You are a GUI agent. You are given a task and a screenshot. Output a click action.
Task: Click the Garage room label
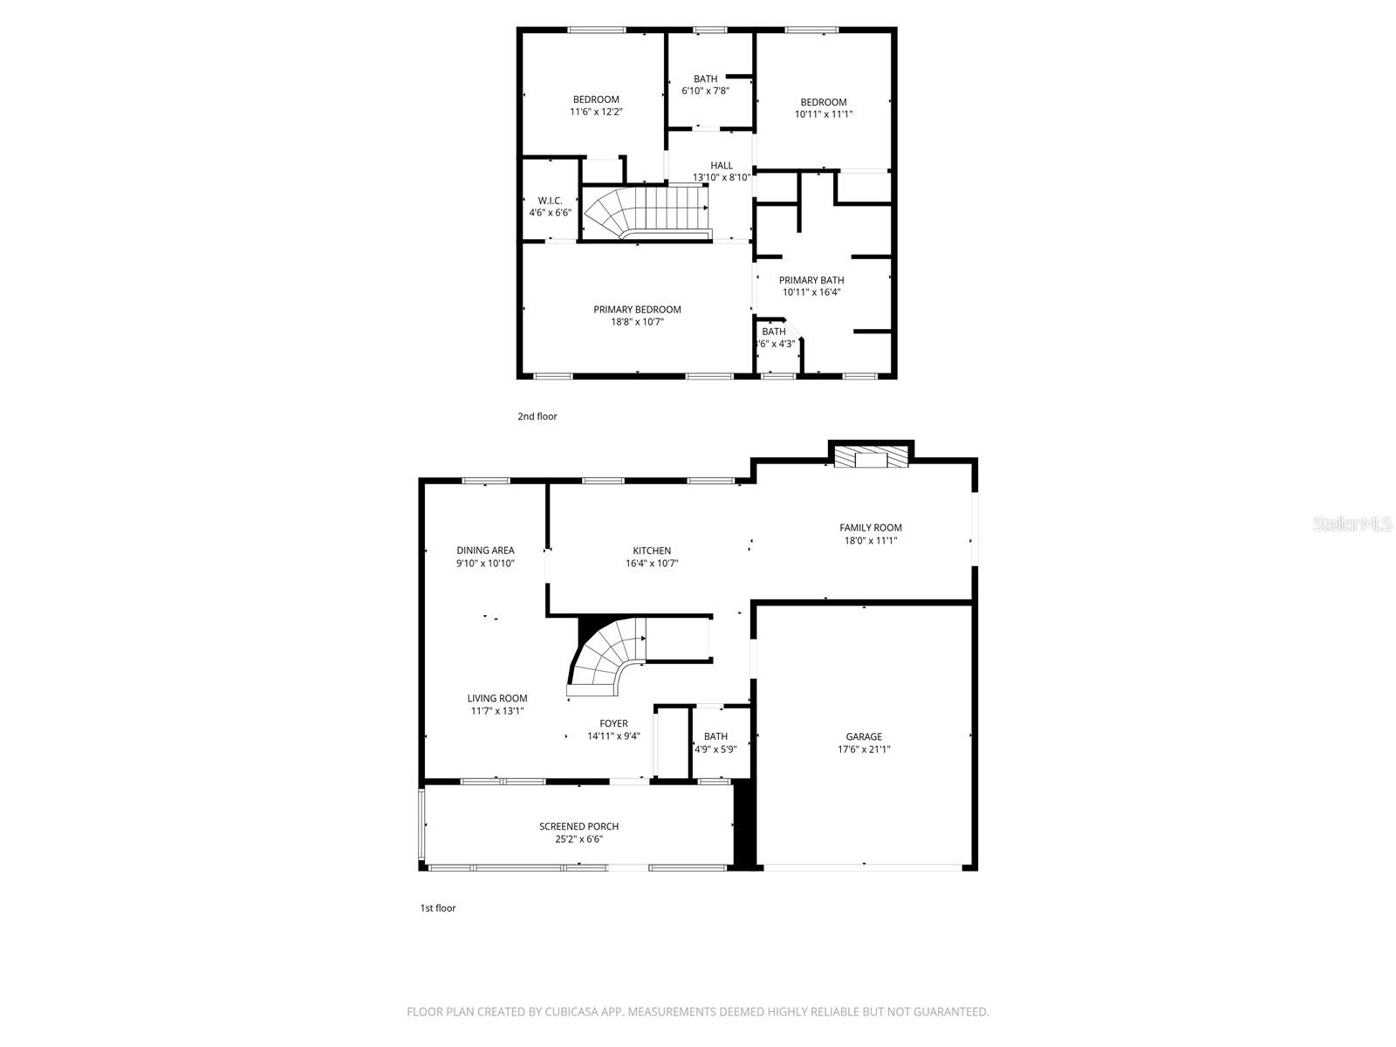(864, 736)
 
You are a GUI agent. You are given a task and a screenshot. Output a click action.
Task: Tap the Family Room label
(870, 527)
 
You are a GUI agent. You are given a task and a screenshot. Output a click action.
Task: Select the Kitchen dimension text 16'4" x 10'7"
(652, 564)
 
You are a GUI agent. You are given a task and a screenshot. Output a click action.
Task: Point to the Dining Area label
(485, 551)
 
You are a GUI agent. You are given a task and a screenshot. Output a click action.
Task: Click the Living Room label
(497, 698)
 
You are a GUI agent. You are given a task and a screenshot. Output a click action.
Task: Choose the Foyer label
(613, 723)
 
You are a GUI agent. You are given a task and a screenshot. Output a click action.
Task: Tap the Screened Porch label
(578, 826)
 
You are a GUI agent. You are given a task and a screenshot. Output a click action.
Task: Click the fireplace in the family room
(871, 459)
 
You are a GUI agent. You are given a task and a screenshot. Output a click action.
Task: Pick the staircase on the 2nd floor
(646, 211)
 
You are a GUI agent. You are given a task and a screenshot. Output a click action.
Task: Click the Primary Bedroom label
(637, 310)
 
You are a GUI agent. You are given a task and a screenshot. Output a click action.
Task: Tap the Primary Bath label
(811, 280)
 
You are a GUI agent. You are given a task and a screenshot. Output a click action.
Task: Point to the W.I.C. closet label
(550, 201)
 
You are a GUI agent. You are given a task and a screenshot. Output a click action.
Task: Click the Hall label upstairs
(722, 166)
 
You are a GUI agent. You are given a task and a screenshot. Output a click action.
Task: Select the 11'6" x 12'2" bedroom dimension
(596, 112)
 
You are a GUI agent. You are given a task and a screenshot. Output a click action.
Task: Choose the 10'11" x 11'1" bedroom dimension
(824, 114)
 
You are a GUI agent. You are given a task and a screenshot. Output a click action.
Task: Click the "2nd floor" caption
(537, 416)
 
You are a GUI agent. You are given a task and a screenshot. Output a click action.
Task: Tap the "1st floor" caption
(438, 908)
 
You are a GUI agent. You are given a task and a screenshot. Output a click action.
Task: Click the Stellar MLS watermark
(1352, 523)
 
